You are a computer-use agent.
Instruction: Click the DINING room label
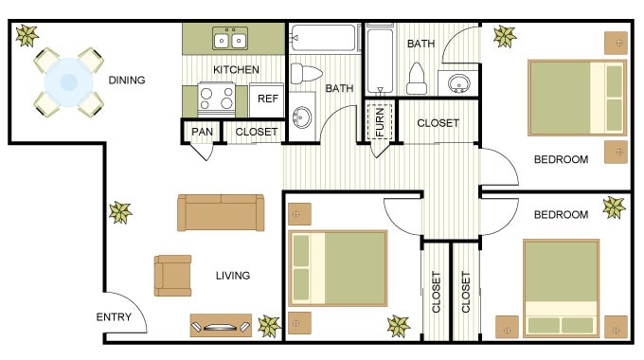click(x=126, y=81)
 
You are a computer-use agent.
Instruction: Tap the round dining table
click(x=68, y=82)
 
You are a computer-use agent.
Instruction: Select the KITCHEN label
click(x=236, y=70)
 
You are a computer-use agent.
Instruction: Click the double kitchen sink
click(x=230, y=40)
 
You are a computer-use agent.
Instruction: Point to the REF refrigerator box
click(x=268, y=99)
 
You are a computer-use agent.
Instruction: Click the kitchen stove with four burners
click(x=216, y=99)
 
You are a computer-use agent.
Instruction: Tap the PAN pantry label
click(x=201, y=132)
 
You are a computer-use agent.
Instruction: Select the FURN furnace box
click(x=381, y=120)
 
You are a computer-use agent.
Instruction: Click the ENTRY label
click(x=114, y=317)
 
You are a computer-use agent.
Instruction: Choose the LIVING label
click(x=232, y=276)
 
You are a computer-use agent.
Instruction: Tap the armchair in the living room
click(x=172, y=275)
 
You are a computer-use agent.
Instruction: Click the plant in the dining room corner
click(x=26, y=37)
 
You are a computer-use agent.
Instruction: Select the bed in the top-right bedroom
click(x=577, y=99)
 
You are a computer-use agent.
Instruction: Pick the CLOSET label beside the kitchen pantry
click(x=257, y=132)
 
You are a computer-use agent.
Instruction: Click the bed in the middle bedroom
click(x=338, y=268)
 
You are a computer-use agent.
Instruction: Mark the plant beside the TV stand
click(x=269, y=326)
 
